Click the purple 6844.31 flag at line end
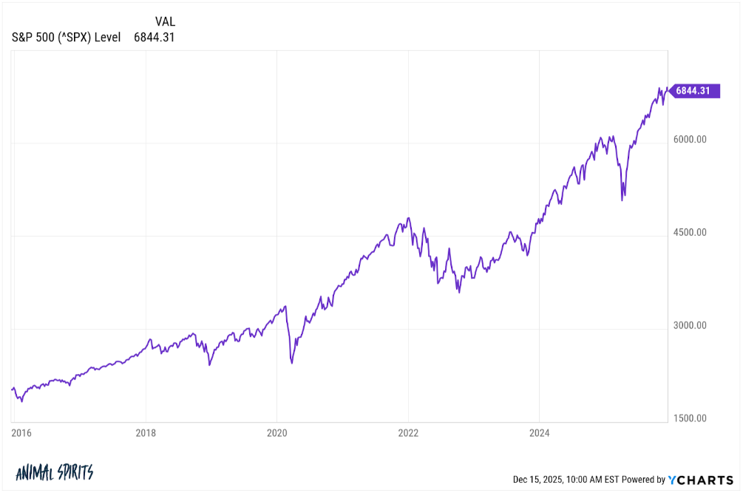pos(693,91)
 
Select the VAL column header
pos(165,21)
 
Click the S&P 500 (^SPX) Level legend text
pos(66,37)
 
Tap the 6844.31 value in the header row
pos(154,37)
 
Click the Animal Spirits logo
pos(54,472)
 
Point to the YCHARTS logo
pos(699,480)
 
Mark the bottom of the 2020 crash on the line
pos(292,363)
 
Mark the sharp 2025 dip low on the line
pos(622,200)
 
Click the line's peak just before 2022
pos(408,218)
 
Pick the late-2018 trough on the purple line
pos(209,365)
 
